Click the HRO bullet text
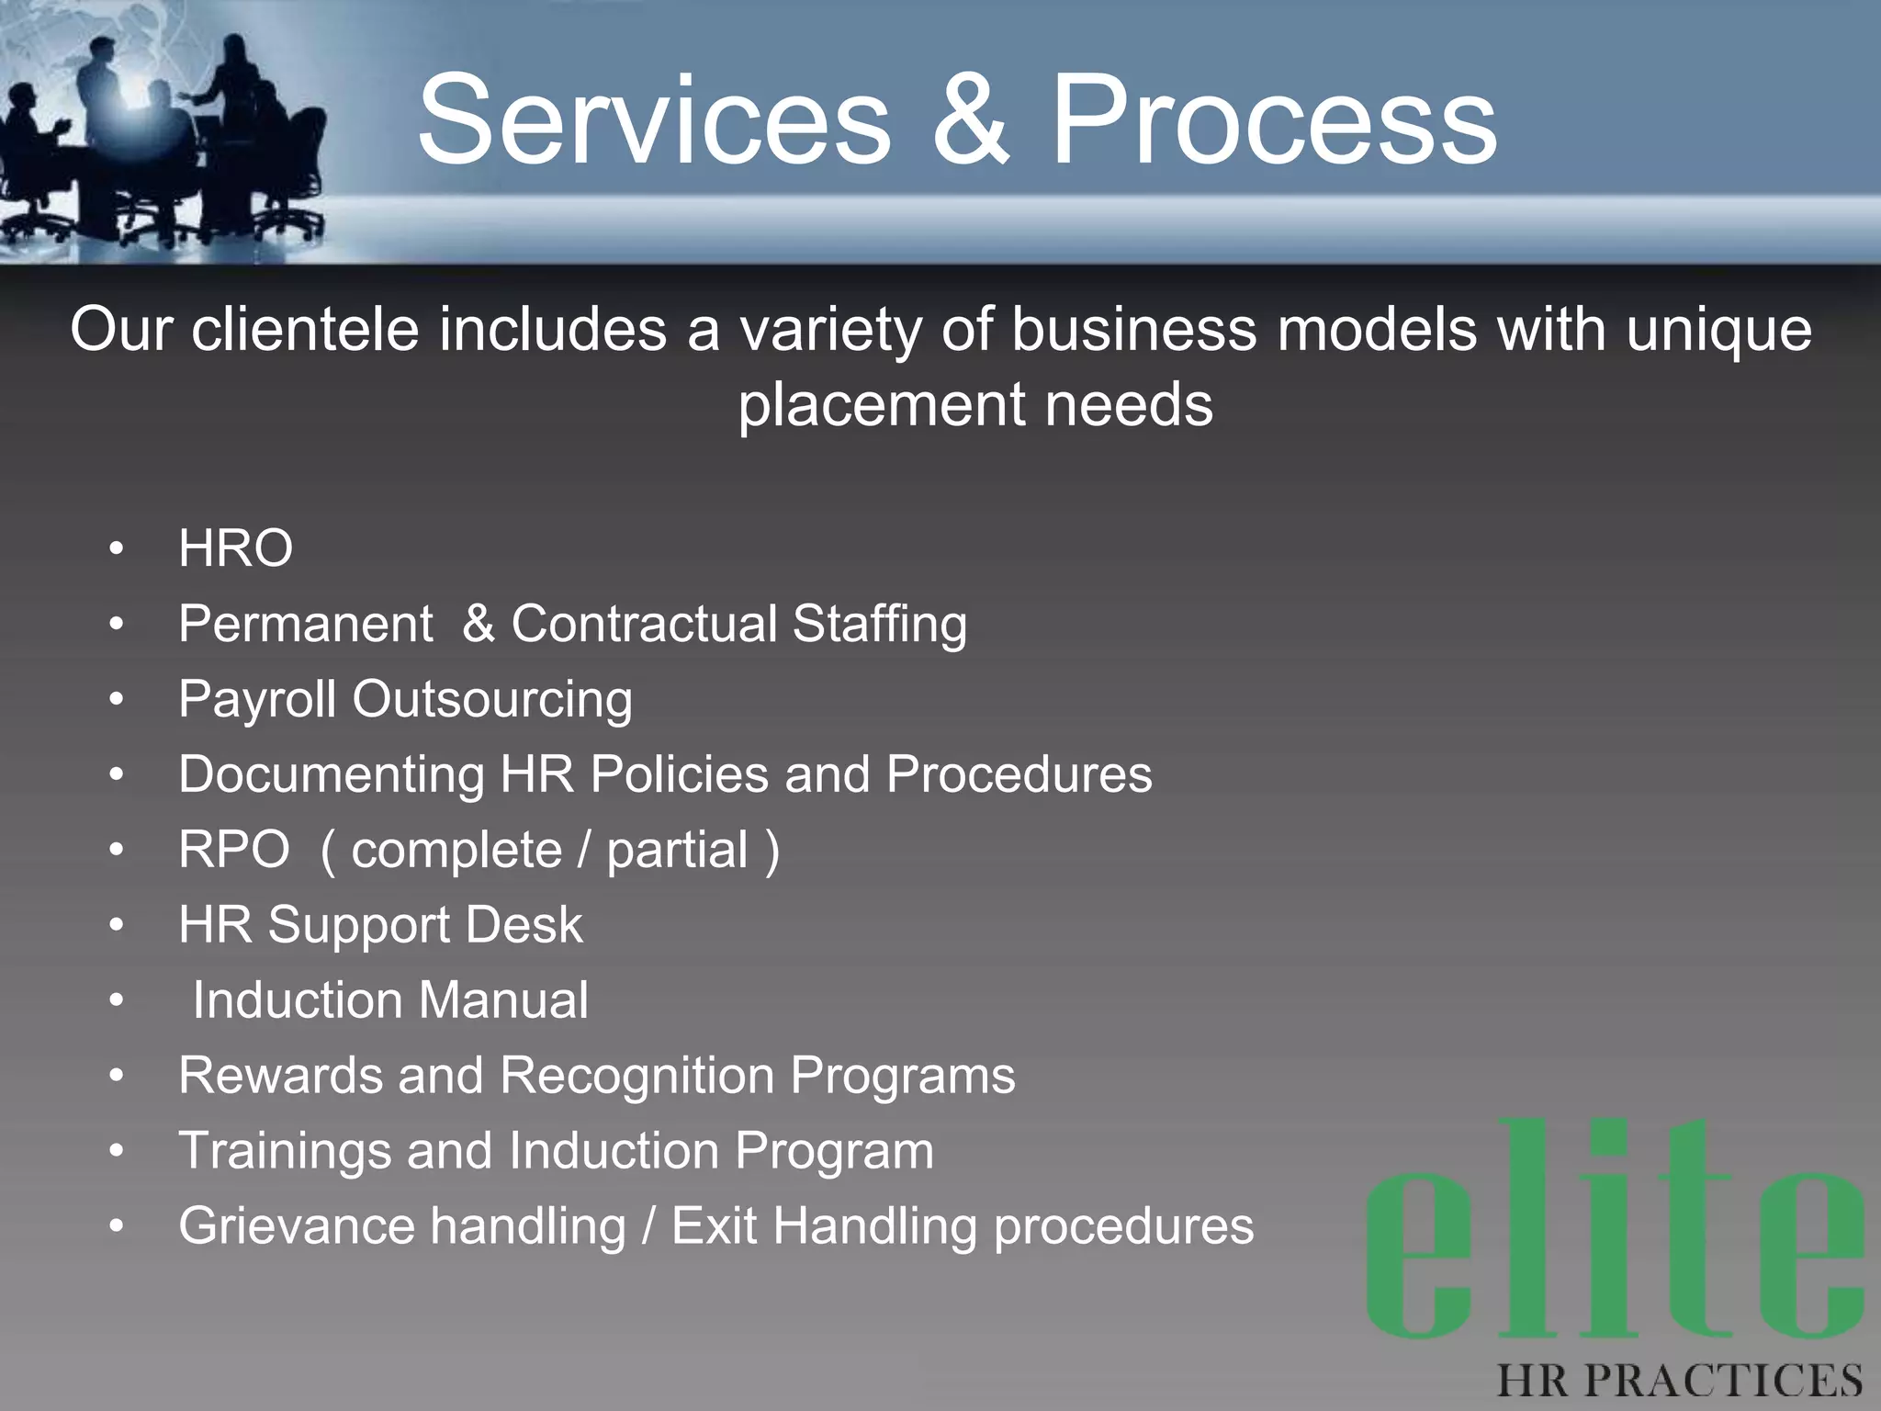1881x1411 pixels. (236, 548)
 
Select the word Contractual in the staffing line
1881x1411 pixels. (644, 624)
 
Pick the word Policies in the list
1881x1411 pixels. (679, 774)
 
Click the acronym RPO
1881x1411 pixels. (234, 850)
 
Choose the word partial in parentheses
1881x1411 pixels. (678, 851)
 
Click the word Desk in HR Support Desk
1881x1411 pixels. (524, 925)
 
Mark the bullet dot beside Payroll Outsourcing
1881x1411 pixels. (116, 700)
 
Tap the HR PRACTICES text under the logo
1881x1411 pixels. (1679, 1381)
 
